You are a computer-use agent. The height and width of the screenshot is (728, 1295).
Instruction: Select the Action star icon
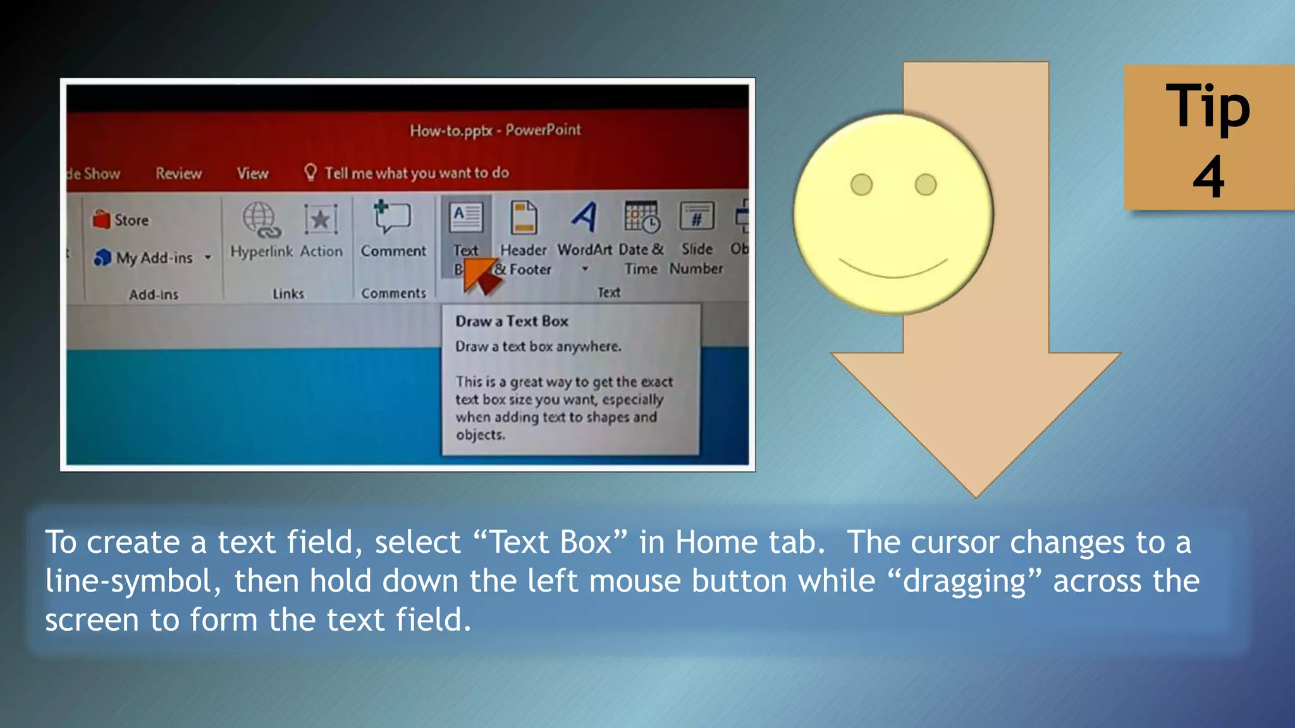(x=321, y=220)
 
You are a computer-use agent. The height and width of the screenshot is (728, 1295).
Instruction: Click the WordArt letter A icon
(x=584, y=217)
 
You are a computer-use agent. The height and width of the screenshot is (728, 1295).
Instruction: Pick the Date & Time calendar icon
(x=642, y=217)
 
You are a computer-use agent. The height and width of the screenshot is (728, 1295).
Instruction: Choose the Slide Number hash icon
(x=696, y=217)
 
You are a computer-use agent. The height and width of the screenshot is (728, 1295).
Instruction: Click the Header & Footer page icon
(x=524, y=217)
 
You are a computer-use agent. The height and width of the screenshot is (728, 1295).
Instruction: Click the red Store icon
(x=101, y=220)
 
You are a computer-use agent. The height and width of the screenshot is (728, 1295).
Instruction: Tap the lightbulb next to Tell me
(x=310, y=172)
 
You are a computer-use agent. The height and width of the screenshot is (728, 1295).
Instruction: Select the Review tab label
(x=178, y=173)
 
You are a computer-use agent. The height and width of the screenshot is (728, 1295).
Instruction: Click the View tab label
(x=252, y=173)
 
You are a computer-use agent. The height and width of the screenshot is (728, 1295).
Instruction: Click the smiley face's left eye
(x=861, y=185)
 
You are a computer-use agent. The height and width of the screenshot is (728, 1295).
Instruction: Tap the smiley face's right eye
(x=925, y=185)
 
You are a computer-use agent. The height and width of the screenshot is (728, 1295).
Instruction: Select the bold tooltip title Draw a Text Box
(x=512, y=321)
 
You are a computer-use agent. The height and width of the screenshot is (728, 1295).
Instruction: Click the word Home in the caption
(x=716, y=542)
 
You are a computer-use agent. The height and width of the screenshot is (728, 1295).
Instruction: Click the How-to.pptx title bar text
(x=494, y=130)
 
